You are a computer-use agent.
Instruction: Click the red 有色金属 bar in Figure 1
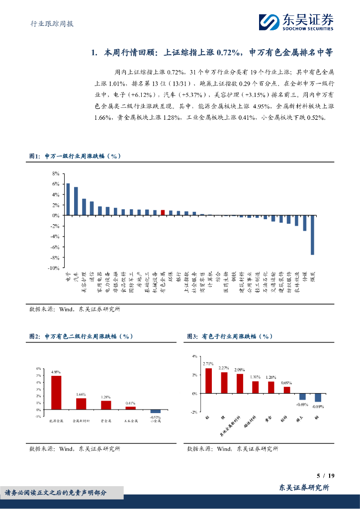coord(163,212)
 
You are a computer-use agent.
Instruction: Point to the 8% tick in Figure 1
coord(55,173)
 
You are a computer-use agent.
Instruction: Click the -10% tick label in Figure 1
coord(53,268)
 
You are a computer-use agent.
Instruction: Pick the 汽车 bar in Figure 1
coord(76,201)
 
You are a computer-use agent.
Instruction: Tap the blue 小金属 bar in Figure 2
coord(156,411)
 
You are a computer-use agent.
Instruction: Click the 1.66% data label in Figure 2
coord(81,394)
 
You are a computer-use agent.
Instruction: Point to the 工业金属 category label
coord(131,422)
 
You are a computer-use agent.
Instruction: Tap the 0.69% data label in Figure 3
coord(286,383)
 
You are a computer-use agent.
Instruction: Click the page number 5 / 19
coord(325,476)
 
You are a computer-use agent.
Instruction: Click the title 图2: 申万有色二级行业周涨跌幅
coord(82,337)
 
